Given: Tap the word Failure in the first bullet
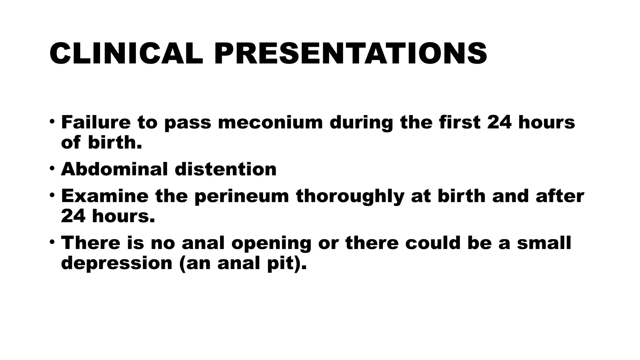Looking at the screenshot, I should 96,122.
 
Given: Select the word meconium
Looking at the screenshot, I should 270,122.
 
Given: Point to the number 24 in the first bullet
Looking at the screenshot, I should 499,122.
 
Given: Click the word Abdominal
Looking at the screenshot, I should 114,169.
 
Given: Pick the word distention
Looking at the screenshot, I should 225,169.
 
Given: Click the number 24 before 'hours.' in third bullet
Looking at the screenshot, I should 73,216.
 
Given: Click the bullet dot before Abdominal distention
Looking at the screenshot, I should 52,169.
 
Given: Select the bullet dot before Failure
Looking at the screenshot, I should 52,122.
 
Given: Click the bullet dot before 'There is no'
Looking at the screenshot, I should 52,242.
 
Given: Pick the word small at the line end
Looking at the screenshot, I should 544,243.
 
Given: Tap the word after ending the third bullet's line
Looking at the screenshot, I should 560,196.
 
